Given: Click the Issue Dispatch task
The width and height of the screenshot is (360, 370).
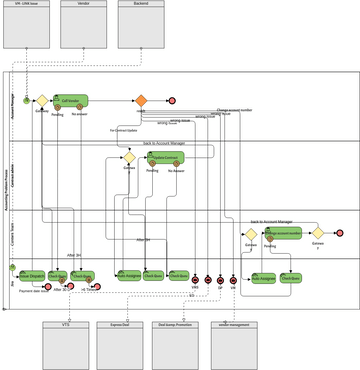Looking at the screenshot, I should pyautogui.click(x=32, y=276).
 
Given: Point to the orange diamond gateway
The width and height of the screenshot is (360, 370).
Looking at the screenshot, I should pyautogui.click(x=141, y=100).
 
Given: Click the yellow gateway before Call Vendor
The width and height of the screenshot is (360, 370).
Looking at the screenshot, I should pyautogui.click(x=42, y=101).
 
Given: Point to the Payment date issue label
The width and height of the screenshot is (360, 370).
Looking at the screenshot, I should pyautogui.click(x=34, y=290).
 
